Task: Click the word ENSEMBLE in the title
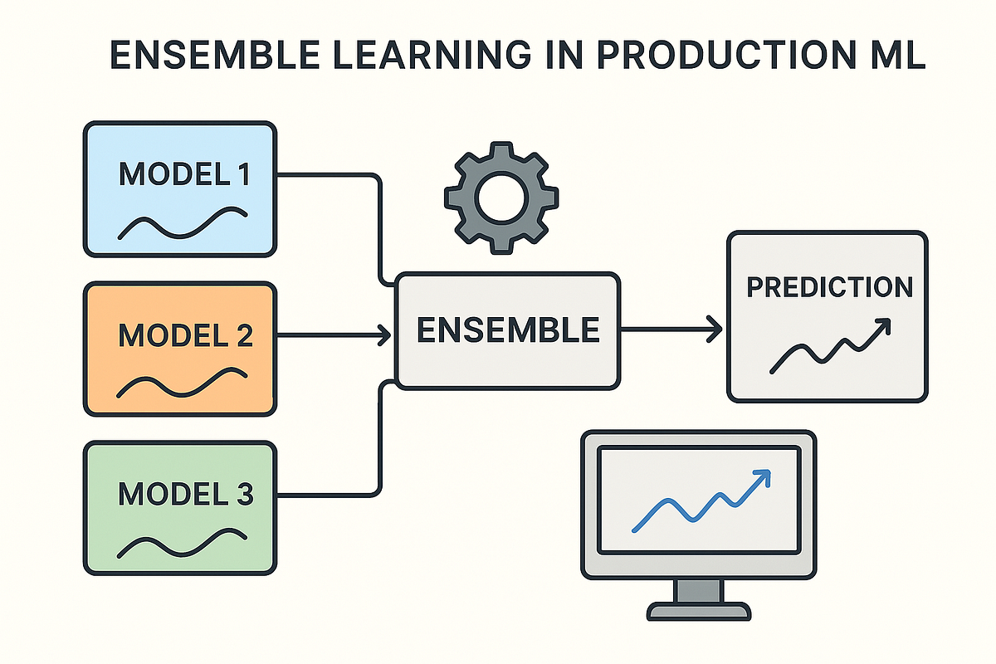pyautogui.click(x=215, y=55)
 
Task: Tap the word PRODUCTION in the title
pyautogui.click(x=725, y=55)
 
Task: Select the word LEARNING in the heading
pyautogui.click(x=432, y=55)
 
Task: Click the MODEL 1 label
pyautogui.click(x=185, y=174)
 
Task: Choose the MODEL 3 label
pyautogui.click(x=185, y=494)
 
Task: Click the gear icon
pyautogui.click(x=501, y=198)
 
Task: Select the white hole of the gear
pyautogui.click(x=501, y=198)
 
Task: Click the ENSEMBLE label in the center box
pyautogui.click(x=508, y=330)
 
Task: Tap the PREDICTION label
pyautogui.click(x=830, y=287)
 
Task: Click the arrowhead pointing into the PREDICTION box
pyautogui.click(x=715, y=330)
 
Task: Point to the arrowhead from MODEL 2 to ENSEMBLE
pyautogui.click(x=384, y=334)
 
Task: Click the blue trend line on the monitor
pyautogui.click(x=701, y=500)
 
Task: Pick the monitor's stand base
pyautogui.click(x=699, y=611)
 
